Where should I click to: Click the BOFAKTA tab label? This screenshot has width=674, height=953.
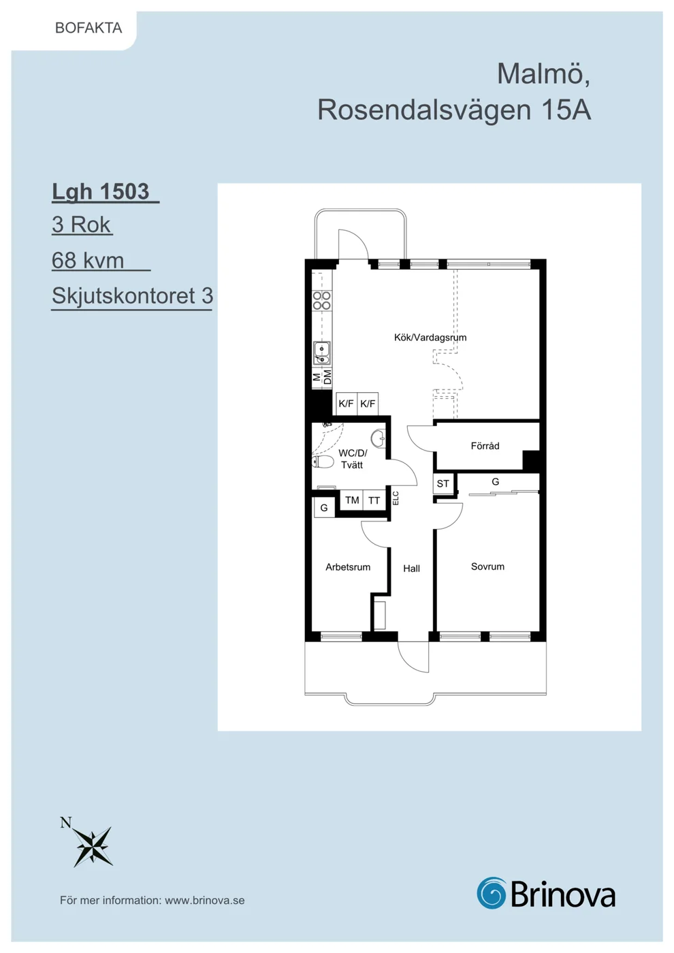tap(89, 28)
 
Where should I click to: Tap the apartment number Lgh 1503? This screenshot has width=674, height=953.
tap(101, 191)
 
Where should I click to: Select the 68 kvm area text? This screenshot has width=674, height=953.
tap(88, 260)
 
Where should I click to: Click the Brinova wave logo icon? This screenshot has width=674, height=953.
tap(492, 892)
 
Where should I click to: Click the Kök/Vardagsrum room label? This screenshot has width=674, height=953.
tap(430, 338)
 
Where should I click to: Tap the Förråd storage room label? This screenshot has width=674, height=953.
tap(485, 446)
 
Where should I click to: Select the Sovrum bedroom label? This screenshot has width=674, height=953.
tap(487, 566)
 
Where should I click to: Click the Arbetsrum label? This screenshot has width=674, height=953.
tap(348, 567)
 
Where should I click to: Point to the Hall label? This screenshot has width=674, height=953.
tap(411, 568)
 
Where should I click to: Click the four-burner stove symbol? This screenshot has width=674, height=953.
tap(321, 300)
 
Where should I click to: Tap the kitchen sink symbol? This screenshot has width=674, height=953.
tap(321, 353)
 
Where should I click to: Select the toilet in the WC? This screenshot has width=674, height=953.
tap(323, 462)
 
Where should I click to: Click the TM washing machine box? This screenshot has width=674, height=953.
tap(351, 500)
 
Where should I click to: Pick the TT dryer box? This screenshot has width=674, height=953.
tap(374, 500)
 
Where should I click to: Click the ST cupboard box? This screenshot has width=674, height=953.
tap(443, 484)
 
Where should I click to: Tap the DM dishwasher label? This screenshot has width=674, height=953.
tap(327, 377)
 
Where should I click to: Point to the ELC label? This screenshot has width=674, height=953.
tap(396, 498)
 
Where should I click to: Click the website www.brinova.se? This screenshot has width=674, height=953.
tap(205, 901)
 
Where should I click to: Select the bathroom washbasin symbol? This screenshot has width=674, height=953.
tap(378, 438)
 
